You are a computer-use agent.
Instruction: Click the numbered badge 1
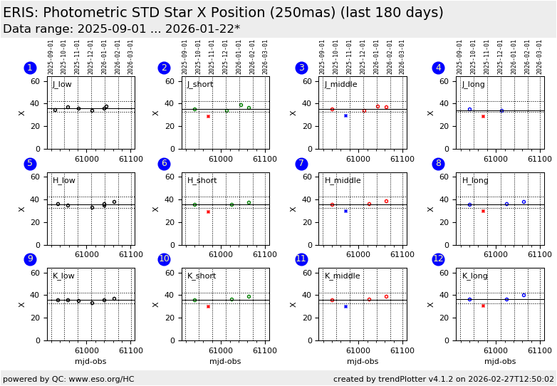click(30, 68)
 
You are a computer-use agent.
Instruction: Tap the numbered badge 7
click(301, 164)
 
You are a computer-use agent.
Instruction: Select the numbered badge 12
click(438, 259)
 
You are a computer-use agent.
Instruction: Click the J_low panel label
click(62, 85)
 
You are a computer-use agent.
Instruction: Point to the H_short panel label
click(202, 181)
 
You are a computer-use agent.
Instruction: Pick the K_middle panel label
click(342, 276)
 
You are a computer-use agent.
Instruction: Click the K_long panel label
click(475, 276)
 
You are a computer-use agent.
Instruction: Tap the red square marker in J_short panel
click(208, 116)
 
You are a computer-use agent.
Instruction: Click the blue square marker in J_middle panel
click(345, 115)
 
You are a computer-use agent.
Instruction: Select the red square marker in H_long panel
click(483, 211)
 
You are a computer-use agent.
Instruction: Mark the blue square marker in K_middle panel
click(345, 306)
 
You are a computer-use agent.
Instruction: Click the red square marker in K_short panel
click(208, 306)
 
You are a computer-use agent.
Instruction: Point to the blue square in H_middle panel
click(345, 211)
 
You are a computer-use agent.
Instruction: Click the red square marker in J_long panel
click(483, 116)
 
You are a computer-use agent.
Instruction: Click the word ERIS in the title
click(19, 13)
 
